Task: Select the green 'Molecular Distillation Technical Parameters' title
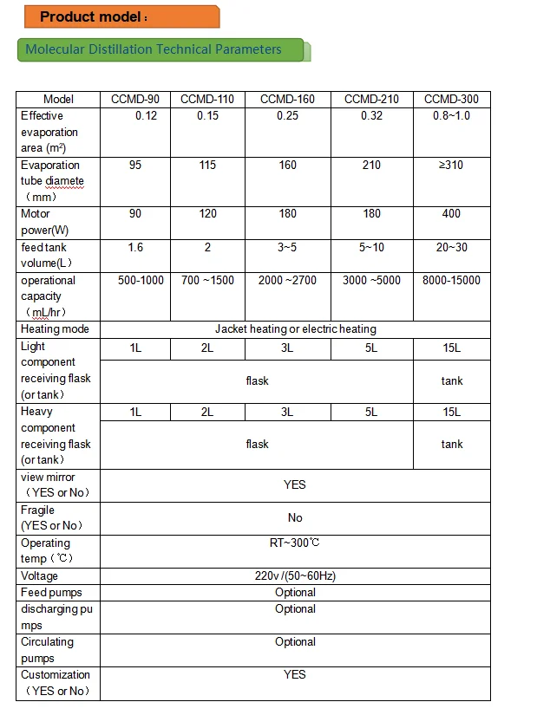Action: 154,49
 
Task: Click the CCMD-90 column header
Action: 135,100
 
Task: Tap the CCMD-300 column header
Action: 451,100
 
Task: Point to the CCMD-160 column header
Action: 288,100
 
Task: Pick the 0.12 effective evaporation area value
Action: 147,116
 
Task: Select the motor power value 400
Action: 451,214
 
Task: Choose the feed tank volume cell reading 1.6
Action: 135,248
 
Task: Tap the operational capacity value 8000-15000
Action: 451,281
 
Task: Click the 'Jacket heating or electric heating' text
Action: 295,329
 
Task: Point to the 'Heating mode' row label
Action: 55,329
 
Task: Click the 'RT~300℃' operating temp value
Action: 295,543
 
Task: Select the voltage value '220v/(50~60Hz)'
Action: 295,576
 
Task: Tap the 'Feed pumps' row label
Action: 52,593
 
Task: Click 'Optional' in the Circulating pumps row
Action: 295,642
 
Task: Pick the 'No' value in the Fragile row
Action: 295,518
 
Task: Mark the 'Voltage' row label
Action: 40,576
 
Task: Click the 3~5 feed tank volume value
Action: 288,248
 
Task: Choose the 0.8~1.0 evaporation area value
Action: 451,116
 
